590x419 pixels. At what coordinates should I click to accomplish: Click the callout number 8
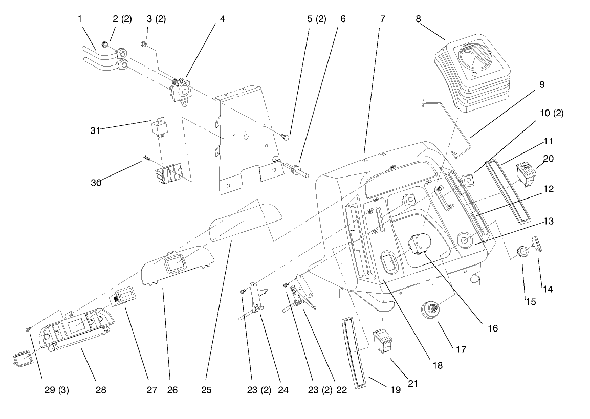pyautogui.click(x=418, y=19)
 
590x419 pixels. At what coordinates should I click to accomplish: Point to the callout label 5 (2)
pyautogui.click(x=317, y=19)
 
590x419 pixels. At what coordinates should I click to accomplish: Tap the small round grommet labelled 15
pyautogui.click(x=522, y=252)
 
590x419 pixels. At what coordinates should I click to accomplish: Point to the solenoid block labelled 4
pyautogui.click(x=180, y=91)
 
